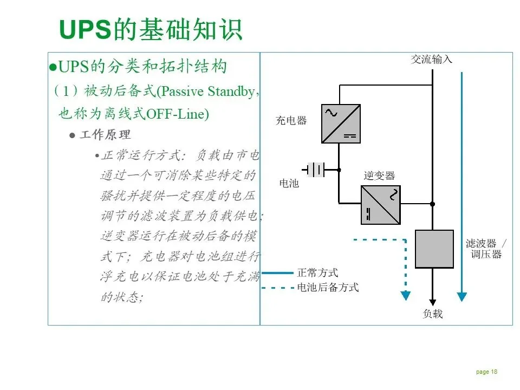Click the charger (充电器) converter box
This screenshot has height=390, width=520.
pos(341,123)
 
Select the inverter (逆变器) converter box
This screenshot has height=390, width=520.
pos(380,205)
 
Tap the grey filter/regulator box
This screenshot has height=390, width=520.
pos(434,249)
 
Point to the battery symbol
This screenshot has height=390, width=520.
pos(315,170)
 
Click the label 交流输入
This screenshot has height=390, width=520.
pos(431,59)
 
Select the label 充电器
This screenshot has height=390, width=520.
pos(291,120)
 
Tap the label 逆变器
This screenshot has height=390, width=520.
pos(379,175)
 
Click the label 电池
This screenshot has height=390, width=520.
pos(289,184)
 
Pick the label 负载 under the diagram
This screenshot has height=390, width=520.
pos(432,314)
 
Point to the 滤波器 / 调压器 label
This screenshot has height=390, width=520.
pos(486,249)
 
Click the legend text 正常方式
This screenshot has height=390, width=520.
pos(317,273)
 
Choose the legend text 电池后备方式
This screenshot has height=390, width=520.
pos(328,288)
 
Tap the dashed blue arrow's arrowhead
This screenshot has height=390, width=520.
pos(405,296)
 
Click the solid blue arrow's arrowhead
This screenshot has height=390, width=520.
pos(461,296)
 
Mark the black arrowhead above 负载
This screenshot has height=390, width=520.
pos(432,301)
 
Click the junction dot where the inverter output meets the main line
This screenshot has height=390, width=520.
pos(432,204)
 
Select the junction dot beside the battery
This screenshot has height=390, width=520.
pos(339,170)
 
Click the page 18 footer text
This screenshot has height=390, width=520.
pos(486,372)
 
